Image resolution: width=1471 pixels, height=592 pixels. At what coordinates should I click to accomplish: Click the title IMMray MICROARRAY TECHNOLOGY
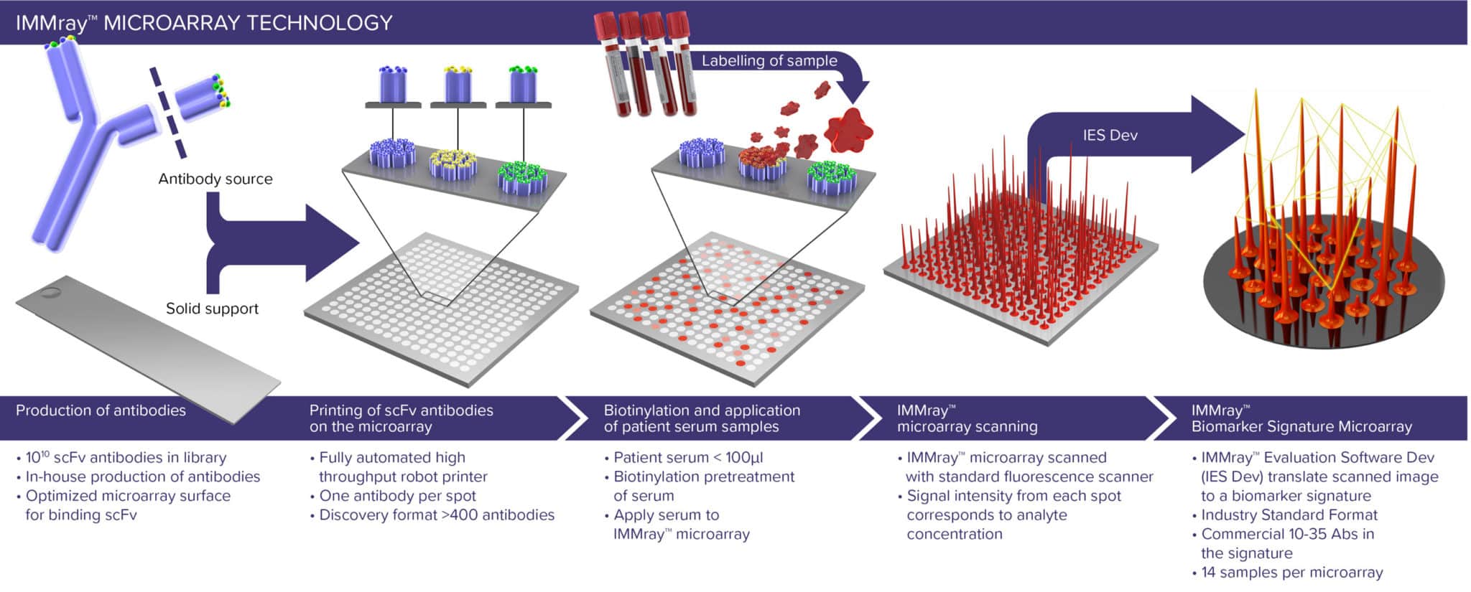[x=204, y=23]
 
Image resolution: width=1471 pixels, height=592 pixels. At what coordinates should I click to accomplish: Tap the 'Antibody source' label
[x=215, y=179]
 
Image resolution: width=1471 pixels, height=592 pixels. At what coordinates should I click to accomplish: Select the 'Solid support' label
[x=212, y=309]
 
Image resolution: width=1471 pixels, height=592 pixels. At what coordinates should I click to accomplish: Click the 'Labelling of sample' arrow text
[x=769, y=61]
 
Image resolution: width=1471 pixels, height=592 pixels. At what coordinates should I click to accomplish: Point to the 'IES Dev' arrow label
[x=1110, y=135]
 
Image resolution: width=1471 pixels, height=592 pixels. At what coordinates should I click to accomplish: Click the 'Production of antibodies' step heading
[x=101, y=410]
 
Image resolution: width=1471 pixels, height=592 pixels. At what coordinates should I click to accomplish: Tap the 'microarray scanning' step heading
[x=967, y=426]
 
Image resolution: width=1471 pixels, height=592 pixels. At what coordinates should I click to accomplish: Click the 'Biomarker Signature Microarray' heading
[x=1301, y=426]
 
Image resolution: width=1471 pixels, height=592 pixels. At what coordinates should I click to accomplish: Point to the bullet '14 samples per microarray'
[x=1291, y=573]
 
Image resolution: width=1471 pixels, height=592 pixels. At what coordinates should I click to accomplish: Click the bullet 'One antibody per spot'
[x=397, y=496]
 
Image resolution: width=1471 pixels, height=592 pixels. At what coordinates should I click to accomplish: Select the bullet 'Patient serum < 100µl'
[x=688, y=458]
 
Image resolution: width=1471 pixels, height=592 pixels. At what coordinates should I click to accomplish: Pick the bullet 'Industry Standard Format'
[x=1289, y=515]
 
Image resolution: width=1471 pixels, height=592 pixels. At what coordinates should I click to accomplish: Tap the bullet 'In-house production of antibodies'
[x=143, y=476]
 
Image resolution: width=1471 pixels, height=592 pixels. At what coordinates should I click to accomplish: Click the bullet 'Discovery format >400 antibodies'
[x=437, y=515]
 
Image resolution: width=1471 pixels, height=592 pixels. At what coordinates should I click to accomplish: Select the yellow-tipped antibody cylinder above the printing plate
[x=458, y=86]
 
